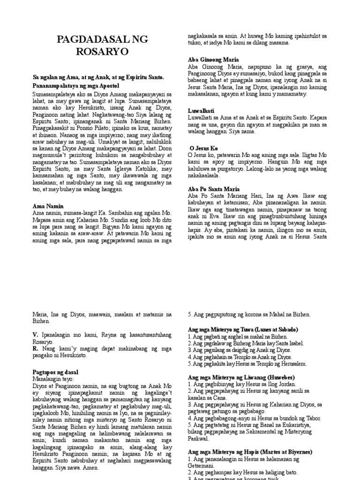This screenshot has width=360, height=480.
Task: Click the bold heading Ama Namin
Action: (48, 206)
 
